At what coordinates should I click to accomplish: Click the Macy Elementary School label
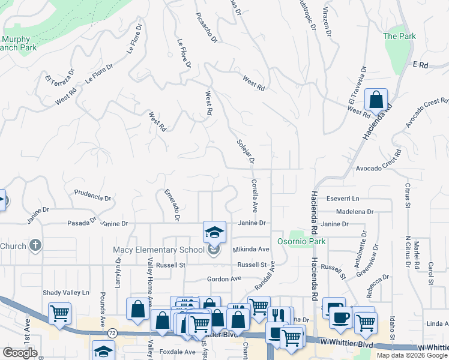[159, 250]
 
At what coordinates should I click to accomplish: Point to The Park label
[399, 36]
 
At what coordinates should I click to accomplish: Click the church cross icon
[35, 245]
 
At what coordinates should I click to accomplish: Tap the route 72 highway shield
[112, 332]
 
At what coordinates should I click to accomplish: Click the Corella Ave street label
[254, 196]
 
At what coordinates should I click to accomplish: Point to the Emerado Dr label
[172, 204]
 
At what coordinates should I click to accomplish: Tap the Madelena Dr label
[355, 211]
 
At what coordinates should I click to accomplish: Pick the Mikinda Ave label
[251, 249]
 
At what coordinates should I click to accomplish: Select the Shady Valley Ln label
[65, 293]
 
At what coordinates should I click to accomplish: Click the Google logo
[20, 353]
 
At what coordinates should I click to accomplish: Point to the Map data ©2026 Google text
[412, 355]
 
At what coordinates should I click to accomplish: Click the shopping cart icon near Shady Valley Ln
[59, 313]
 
